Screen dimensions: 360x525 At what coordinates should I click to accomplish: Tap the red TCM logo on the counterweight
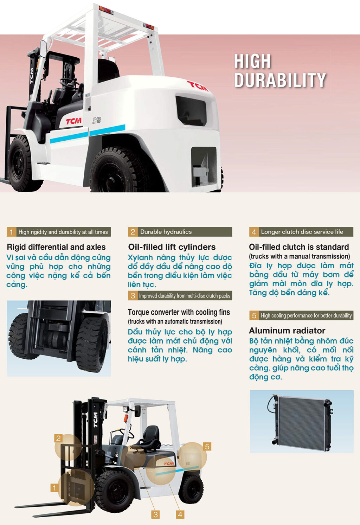click(x=197, y=86)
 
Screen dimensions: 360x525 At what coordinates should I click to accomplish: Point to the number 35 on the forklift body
click(x=97, y=120)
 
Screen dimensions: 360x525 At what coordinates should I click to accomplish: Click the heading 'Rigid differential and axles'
click(x=56, y=247)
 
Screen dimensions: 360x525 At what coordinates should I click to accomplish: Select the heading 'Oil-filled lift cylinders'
click(x=172, y=247)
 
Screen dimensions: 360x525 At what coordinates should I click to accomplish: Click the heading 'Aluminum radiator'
click(x=287, y=331)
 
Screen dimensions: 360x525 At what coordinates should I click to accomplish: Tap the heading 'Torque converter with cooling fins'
click(x=179, y=312)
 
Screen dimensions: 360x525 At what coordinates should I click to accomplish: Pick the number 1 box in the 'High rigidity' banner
click(x=11, y=232)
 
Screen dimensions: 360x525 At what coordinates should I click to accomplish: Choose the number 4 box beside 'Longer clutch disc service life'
click(x=254, y=232)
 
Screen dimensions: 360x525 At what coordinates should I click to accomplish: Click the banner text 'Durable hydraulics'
click(x=166, y=232)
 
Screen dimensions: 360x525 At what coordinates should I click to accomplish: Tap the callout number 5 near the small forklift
click(x=207, y=447)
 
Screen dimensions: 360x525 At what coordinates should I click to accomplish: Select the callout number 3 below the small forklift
click(x=155, y=515)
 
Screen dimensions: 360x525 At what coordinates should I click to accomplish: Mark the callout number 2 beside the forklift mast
click(x=58, y=438)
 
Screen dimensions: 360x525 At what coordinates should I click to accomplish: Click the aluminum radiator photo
click(x=302, y=422)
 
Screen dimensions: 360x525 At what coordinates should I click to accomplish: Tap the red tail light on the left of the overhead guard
click(x=105, y=11)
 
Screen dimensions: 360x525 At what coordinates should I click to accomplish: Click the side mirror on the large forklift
click(x=43, y=49)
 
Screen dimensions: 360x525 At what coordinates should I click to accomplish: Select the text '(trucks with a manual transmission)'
click(x=300, y=256)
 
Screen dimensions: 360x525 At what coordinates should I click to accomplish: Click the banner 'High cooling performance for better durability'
click(x=306, y=315)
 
